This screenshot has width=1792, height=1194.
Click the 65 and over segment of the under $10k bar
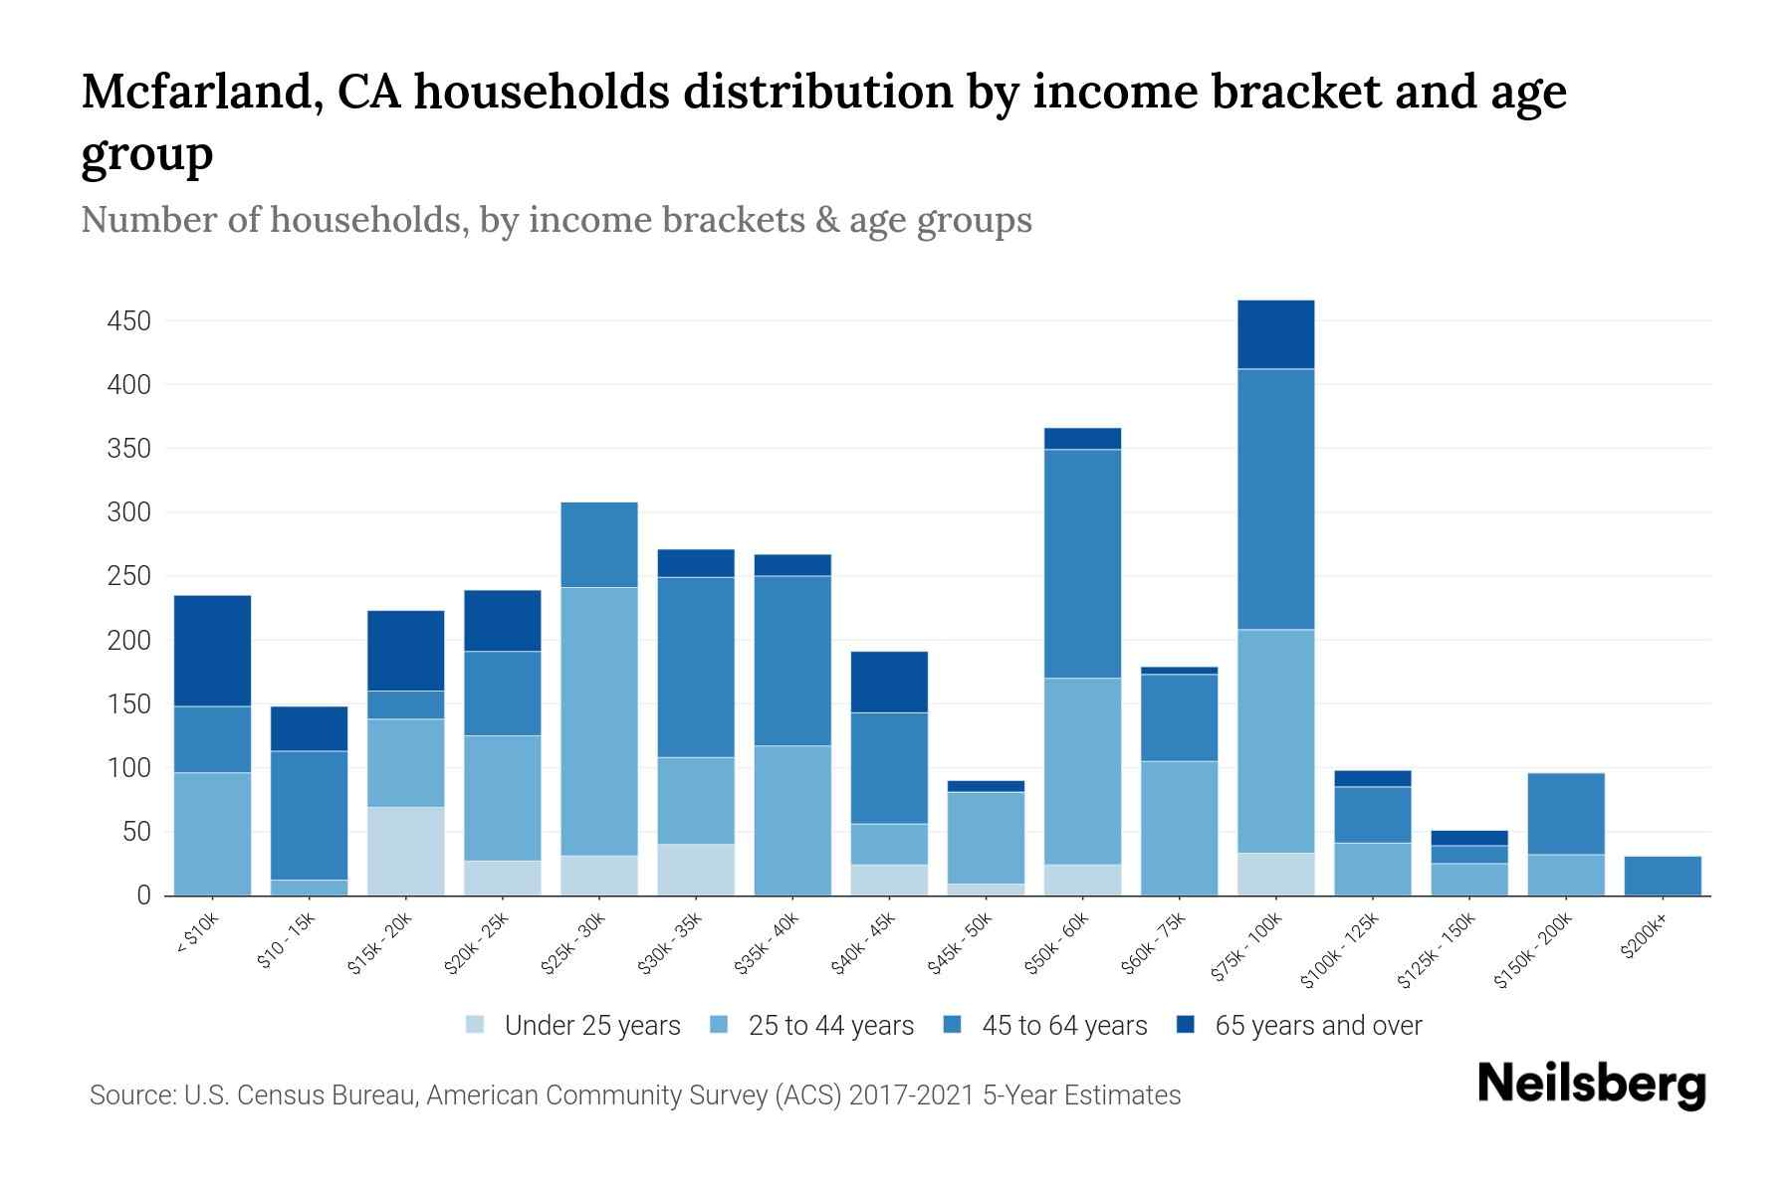[212, 651]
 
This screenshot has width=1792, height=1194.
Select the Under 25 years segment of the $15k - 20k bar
[405, 851]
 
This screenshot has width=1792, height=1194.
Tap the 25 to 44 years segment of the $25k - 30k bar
[599, 721]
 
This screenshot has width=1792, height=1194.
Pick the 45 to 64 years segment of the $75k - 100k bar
[1275, 498]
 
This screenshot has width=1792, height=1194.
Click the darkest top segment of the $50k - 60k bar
[1082, 439]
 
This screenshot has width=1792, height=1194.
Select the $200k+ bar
[1662, 876]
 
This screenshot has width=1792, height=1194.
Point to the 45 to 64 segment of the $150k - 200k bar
[1565, 814]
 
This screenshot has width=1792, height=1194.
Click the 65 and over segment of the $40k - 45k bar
[889, 682]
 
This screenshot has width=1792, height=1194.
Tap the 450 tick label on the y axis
[128, 321]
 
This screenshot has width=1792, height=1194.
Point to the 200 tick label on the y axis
[128, 641]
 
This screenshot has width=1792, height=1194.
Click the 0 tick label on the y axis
[143, 895]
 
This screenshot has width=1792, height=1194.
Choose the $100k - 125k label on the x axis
[1340, 950]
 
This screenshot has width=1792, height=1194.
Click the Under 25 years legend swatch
[476, 1025]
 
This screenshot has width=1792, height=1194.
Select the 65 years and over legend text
[1317, 1025]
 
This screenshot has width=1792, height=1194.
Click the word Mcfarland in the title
[196, 92]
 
